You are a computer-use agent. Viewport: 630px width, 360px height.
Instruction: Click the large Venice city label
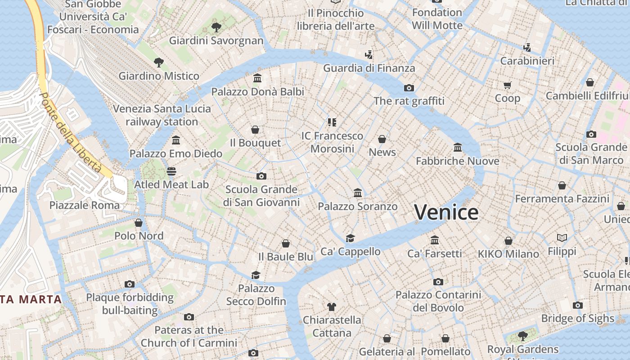[446, 212]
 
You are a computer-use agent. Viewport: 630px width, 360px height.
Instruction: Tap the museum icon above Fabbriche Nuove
[458, 148]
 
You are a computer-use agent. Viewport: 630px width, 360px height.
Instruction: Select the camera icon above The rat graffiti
[409, 88]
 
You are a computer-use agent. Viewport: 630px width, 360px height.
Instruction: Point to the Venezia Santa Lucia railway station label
[162, 115]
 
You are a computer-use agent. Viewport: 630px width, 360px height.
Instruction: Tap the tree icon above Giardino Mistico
[158, 62]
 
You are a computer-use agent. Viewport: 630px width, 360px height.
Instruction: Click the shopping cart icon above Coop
[507, 85]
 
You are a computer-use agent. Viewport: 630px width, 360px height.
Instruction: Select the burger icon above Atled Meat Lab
[171, 171]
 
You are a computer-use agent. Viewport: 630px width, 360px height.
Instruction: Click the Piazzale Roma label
[85, 206]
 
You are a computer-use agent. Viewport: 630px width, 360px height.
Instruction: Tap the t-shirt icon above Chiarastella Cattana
[332, 307]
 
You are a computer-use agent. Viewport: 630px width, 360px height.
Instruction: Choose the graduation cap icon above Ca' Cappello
[350, 238]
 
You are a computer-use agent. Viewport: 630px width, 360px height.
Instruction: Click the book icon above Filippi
[562, 238]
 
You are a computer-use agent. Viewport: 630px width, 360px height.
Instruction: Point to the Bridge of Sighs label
[577, 319]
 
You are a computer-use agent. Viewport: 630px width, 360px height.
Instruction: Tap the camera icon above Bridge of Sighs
[578, 306]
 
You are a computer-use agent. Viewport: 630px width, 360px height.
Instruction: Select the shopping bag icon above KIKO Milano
[508, 241]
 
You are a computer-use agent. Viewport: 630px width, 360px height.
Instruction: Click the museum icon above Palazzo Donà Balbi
[257, 78]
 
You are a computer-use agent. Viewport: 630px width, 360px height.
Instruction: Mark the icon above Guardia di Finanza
[369, 55]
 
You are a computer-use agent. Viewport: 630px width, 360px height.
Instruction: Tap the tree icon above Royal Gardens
[522, 336]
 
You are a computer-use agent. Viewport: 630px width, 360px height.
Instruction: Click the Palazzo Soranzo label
[357, 207]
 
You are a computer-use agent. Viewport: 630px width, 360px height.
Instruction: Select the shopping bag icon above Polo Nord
[139, 223]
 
